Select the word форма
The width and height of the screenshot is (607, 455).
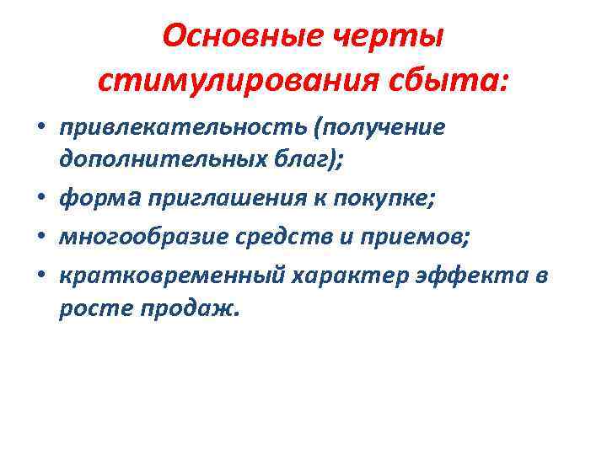point(100,199)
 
